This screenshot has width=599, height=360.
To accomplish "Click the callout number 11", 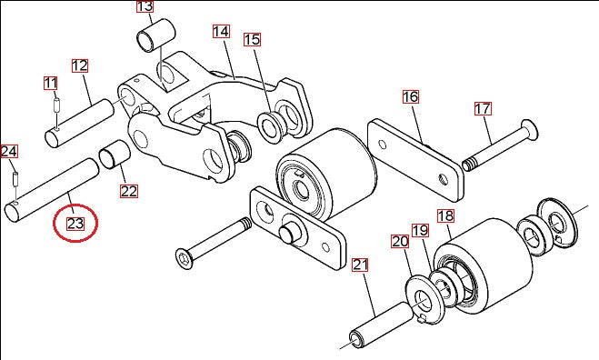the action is point(50,84).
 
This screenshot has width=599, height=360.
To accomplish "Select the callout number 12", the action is point(79,65).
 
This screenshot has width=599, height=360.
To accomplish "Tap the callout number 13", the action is point(145,7).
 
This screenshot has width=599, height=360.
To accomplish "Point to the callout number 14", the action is point(222,32).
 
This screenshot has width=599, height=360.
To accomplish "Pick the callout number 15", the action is point(252,39).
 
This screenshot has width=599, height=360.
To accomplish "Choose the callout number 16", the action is point(410,96).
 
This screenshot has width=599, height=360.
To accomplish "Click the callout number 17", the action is point(483,109).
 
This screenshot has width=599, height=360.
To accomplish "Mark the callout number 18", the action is point(445,216).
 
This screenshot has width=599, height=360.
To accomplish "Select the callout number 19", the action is point(420,231).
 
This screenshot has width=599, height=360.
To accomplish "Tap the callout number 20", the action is point(401,242).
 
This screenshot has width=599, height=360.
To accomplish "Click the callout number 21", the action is point(361,265).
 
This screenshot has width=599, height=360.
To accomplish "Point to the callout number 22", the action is point(128,191).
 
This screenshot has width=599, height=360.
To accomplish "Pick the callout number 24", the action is point(9,151).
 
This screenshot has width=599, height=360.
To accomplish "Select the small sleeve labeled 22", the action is point(114,157).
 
